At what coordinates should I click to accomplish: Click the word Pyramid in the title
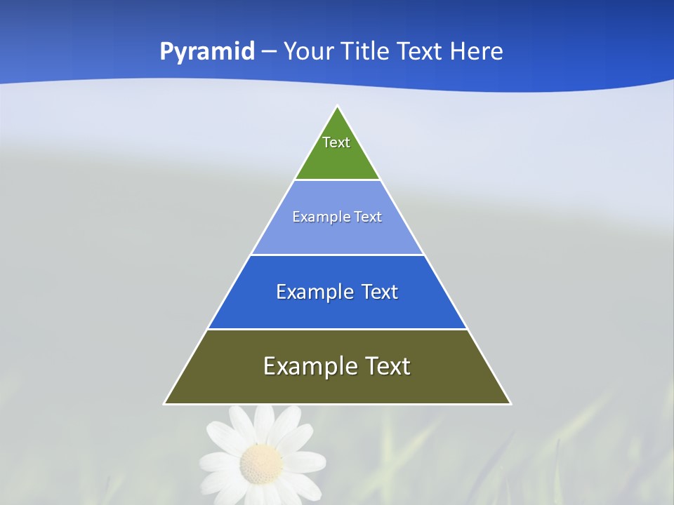point(206,52)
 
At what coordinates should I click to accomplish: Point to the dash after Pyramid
point(269,52)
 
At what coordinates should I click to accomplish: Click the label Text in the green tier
point(336,142)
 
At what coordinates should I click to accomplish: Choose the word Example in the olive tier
point(310,366)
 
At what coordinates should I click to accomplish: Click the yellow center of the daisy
point(261,462)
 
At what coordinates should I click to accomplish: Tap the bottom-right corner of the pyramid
point(510,403)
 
